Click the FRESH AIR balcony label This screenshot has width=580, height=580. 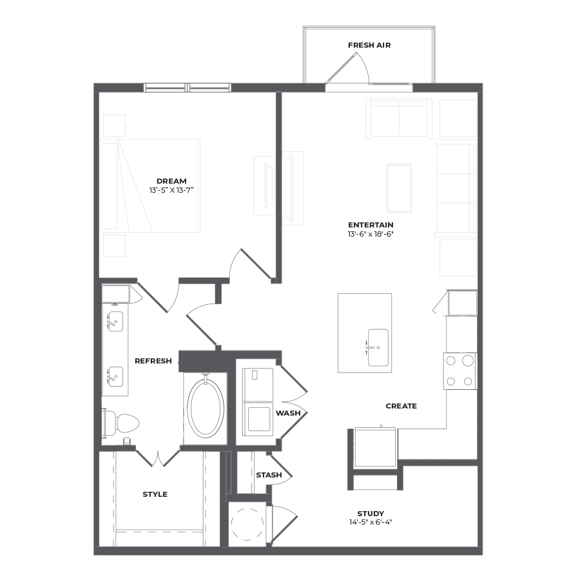pos(369,45)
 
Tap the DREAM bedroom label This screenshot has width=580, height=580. pos(171,181)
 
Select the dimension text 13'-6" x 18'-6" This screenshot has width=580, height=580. pos(371,234)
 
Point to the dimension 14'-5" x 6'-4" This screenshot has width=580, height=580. pos(371,522)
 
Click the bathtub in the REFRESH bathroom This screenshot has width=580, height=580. pos(206,407)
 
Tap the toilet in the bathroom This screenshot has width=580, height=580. pos(121,423)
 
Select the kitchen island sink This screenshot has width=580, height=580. pos(378,348)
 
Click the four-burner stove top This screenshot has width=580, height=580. pos(459,371)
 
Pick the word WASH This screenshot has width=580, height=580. pos(288,413)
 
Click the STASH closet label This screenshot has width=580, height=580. pos(269,475)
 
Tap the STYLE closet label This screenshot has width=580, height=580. pos(155,494)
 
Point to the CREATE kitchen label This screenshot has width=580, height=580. pos(401,406)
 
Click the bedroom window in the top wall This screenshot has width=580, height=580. pos(187,88)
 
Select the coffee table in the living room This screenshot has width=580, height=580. pos(399,188)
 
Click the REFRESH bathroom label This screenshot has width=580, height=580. pos(153,361)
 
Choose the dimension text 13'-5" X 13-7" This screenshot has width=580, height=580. pos(171,190)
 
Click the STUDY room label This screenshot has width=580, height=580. pos(371,514)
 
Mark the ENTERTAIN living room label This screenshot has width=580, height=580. pos(371,225)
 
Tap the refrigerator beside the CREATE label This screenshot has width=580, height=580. pos(375,447)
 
